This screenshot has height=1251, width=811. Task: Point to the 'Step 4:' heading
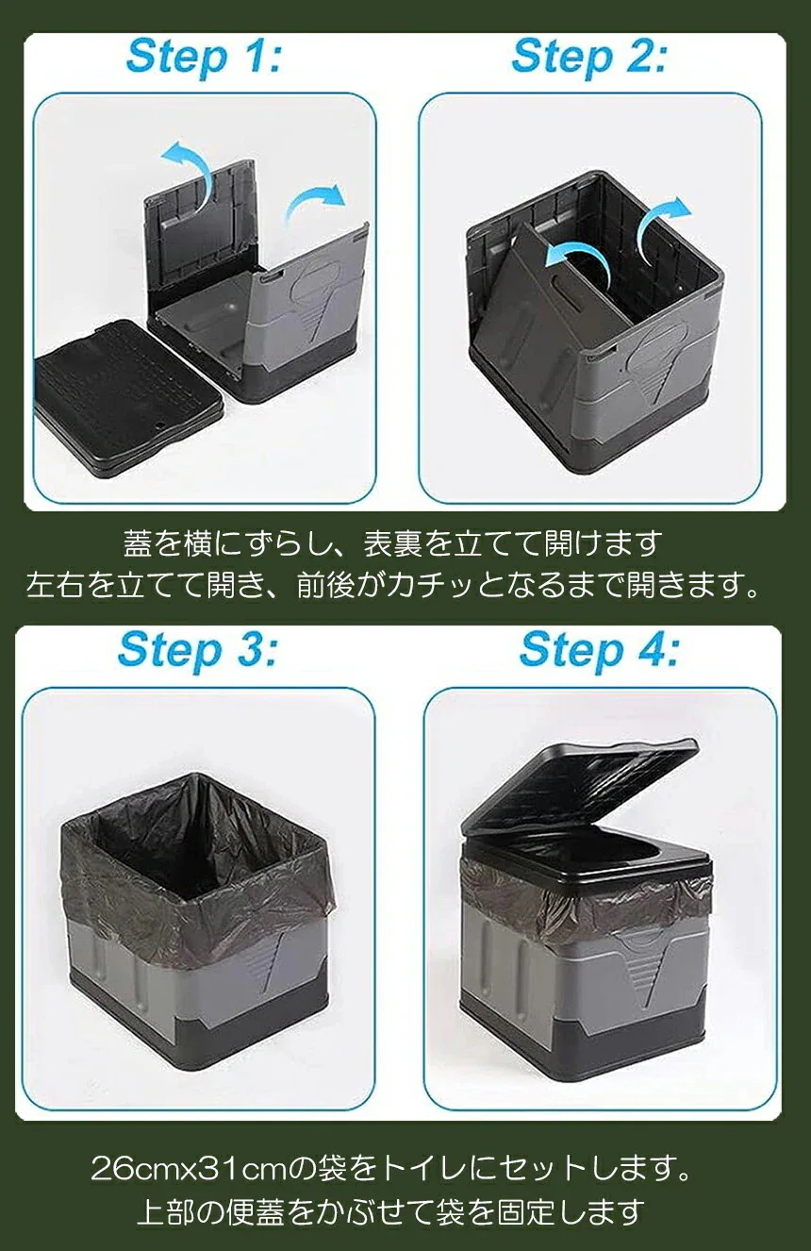click(599, 651)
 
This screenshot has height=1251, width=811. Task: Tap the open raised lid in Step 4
click(580, 783)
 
